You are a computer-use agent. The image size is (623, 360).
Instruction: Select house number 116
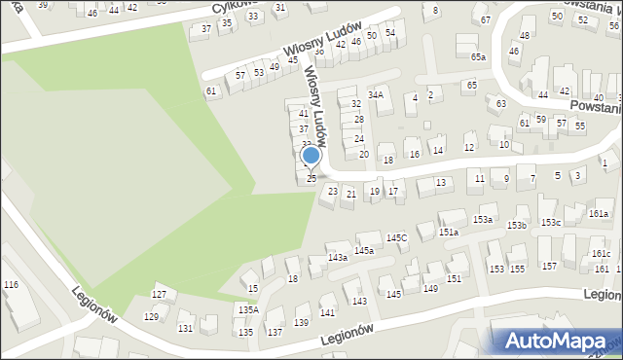pos(11,284)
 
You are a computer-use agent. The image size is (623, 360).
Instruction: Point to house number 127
pos(160,294)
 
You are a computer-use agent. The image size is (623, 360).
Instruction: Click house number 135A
pos(248,310)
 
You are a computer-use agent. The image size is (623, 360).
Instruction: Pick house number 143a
pos(337,258)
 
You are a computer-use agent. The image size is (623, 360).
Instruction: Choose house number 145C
pos(396,238)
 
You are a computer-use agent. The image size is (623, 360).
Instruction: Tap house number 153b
pos(516,226)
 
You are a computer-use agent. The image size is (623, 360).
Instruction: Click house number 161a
pos(599,214)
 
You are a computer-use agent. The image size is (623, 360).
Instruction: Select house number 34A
pos(375,95)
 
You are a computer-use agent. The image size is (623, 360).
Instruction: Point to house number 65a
pos(478,57)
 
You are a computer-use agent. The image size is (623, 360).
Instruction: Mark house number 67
pos(485,20)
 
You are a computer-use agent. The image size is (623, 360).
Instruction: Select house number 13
pos(441,183)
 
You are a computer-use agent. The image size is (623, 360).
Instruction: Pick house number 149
pos(431,289)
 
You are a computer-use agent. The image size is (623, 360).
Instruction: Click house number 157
pos(549,267)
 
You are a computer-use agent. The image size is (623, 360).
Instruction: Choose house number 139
pos(302,323)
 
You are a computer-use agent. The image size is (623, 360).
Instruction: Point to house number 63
pos(500,103)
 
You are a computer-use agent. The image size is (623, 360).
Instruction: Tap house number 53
pos(259,73)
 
